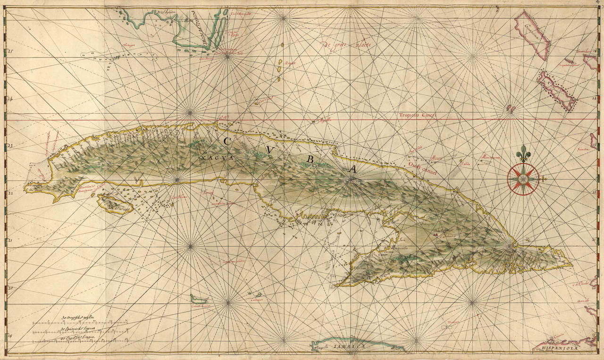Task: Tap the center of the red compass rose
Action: pyautogui.click(x=523, y=179)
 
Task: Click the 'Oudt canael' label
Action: pyautogui.click(x=422, y=169)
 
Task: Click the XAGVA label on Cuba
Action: pyautogui.click(x=217, y=158)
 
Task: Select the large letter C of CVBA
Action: pyautogui.click(x=227, y=141)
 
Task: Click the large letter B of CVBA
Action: pyautogui.click(x=310, y=159)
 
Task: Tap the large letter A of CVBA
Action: pyautogui.click(x=352, y=169)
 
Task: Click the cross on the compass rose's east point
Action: pyautogui.click(x=543, y=179)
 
